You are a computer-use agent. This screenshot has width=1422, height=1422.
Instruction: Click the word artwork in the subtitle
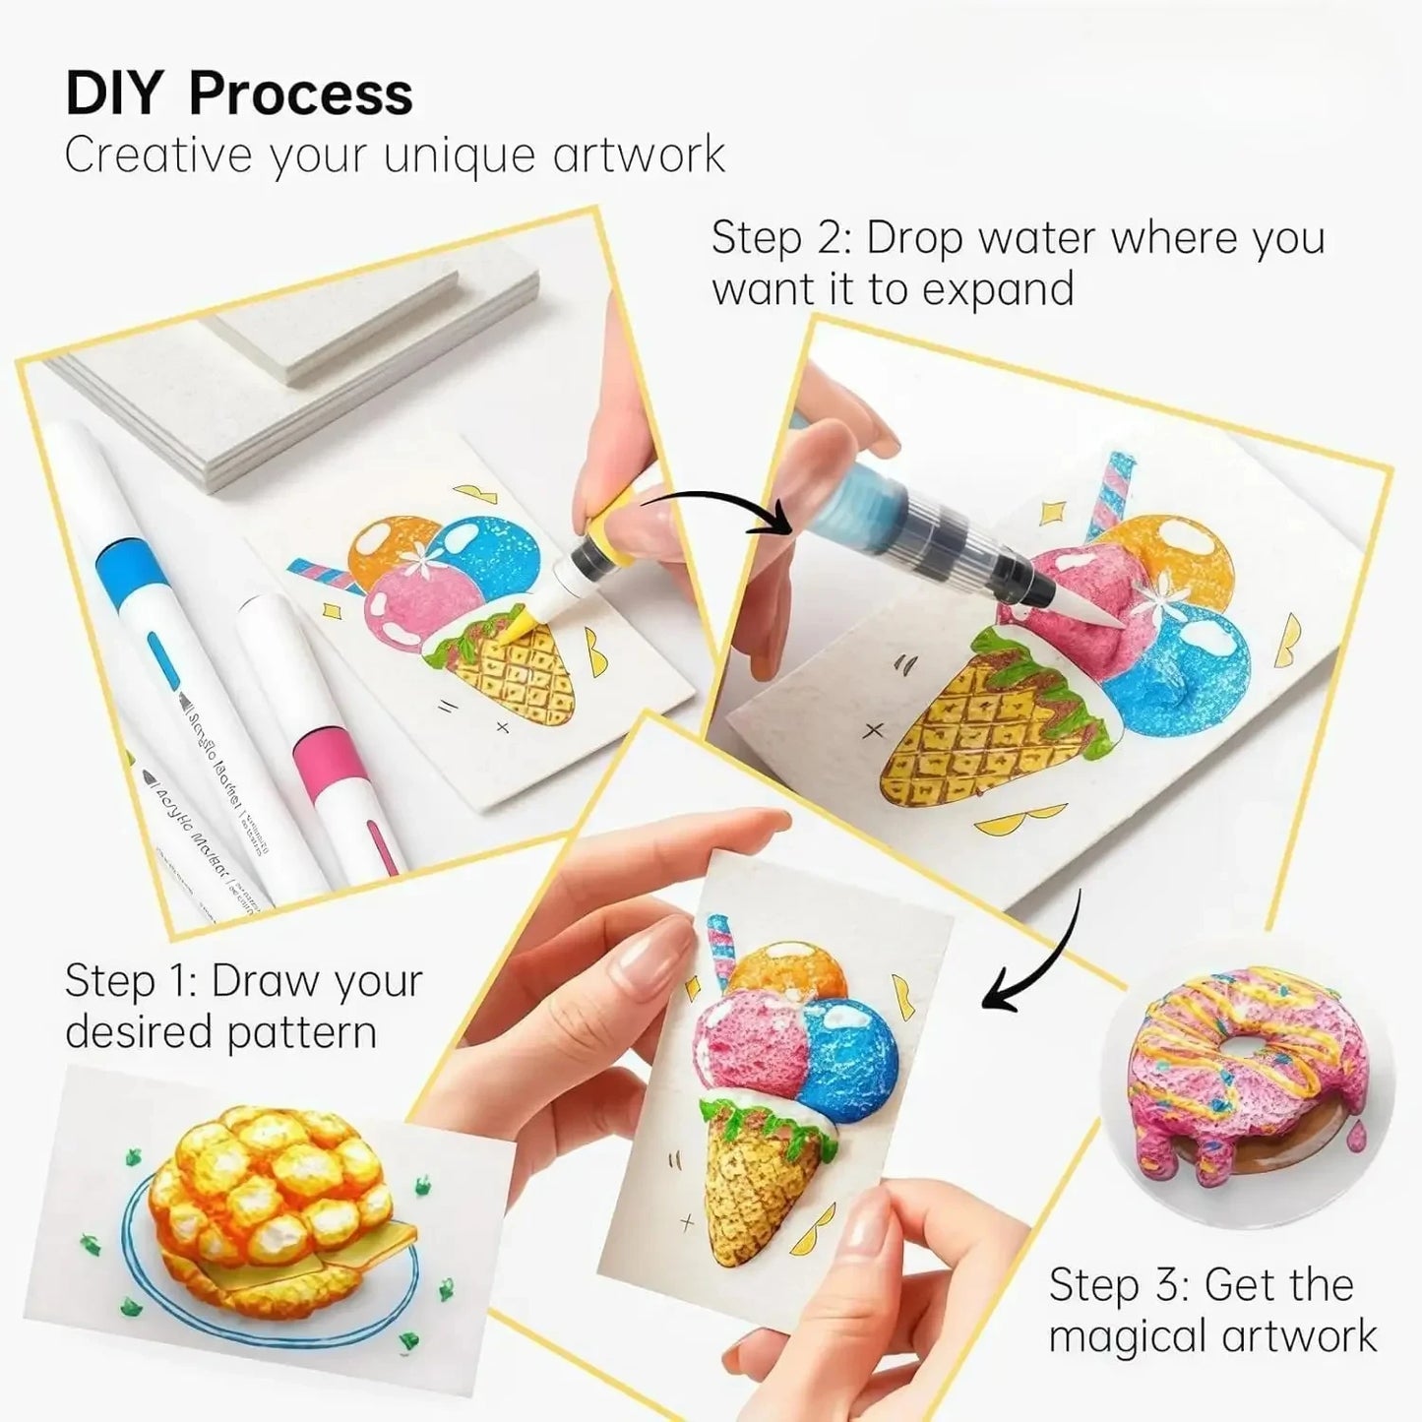coord(639,155)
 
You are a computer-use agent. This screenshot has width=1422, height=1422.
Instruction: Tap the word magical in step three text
coord(1128,1337)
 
